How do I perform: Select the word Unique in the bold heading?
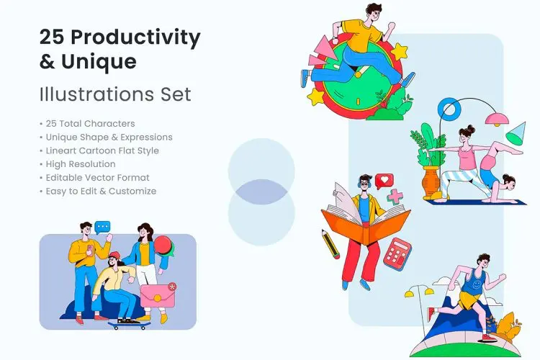[99, 62]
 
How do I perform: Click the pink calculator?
[397, 253]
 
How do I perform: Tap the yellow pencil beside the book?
[330, 244]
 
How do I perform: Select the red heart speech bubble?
[384, 180]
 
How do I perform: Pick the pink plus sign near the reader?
[395, 196]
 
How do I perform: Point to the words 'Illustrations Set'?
[116, 94]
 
